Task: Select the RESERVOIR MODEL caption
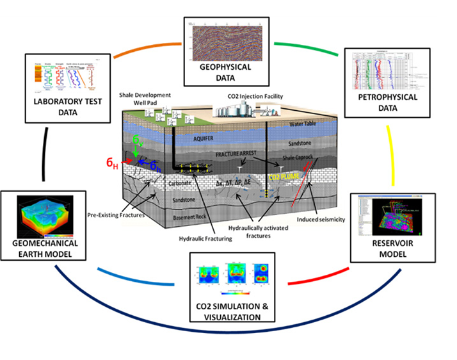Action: pos(392,249)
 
